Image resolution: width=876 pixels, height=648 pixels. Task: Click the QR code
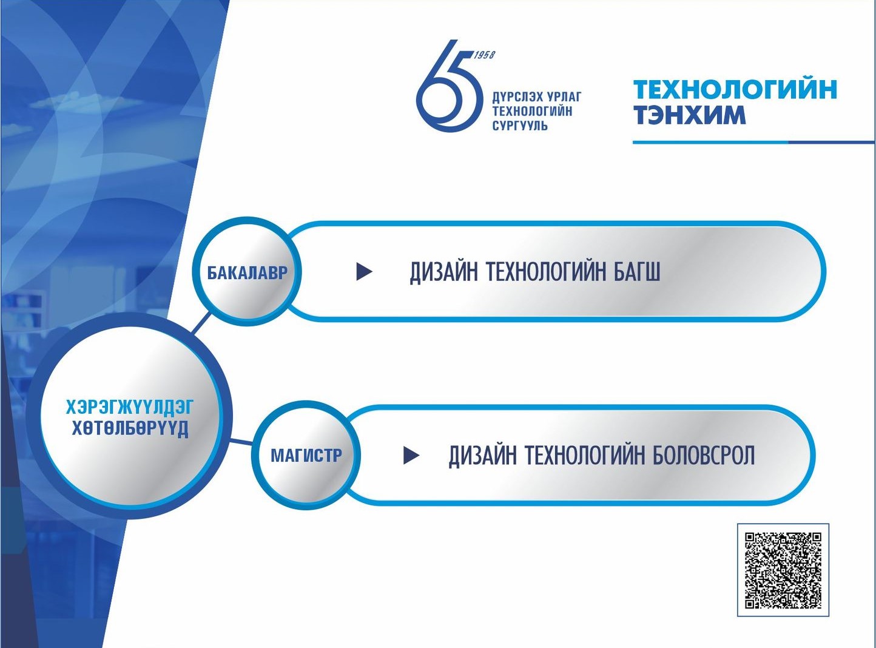[783, 570]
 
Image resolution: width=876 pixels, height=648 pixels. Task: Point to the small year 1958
[484, 55]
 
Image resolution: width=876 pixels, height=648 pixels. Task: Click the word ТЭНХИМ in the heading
[689, 115]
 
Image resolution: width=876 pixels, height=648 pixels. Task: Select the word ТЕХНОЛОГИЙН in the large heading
[735, 89]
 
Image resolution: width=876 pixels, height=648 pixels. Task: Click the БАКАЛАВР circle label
[247, 272]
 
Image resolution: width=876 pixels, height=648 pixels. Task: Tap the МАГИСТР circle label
[306, 455]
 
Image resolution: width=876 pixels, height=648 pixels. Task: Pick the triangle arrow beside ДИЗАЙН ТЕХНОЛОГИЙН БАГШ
[363, 271]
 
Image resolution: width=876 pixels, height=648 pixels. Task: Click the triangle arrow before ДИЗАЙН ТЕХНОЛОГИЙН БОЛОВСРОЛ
[411, 455]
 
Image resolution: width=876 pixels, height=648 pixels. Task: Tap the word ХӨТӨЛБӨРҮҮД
[130, 428]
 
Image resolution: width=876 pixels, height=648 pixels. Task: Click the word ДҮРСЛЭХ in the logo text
[516, 97]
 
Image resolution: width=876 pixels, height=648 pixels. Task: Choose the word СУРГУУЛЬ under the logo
[520, 126]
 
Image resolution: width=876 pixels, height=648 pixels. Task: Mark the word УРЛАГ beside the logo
[564, 97]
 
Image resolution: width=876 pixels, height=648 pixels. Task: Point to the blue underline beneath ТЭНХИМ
[752, 143]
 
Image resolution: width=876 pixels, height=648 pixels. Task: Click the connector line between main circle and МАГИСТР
[241, 441]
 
